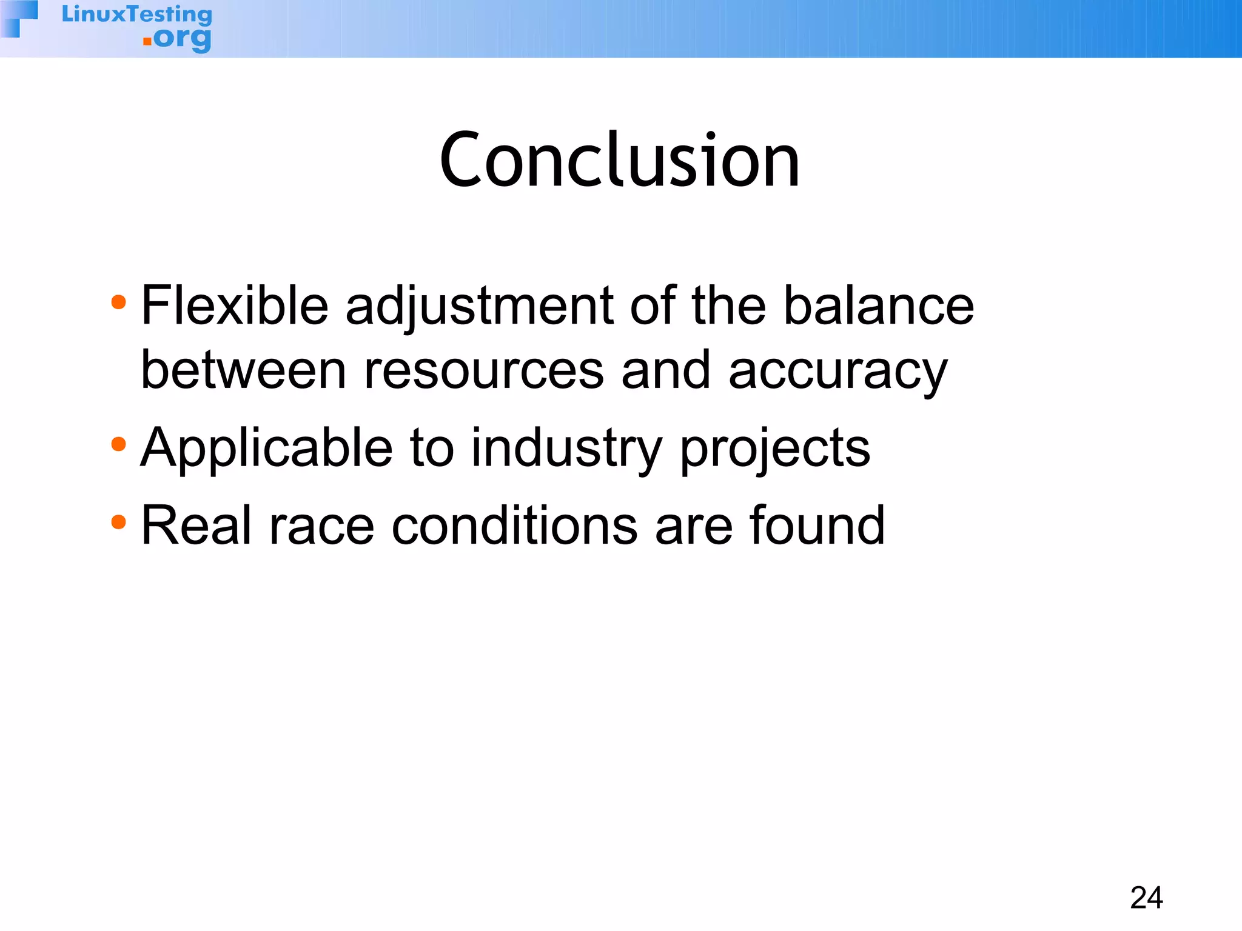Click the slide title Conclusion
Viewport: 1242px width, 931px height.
tap(620, 161)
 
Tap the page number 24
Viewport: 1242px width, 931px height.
tap(1146, 898)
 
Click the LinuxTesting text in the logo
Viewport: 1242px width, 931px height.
tap(137, 14)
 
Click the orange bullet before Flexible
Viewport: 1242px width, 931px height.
tap(119, 302)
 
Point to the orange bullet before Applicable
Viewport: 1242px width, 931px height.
tap(119, 445)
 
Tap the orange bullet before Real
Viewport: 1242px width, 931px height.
tap(119, 522)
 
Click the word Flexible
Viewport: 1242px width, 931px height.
tap(235, 305)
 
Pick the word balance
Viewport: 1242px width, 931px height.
tap(879, 305)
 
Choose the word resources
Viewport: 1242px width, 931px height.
tap(483, 371)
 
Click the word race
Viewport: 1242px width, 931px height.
tap(321, 526)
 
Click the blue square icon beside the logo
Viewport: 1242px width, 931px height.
tap(20, 18)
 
